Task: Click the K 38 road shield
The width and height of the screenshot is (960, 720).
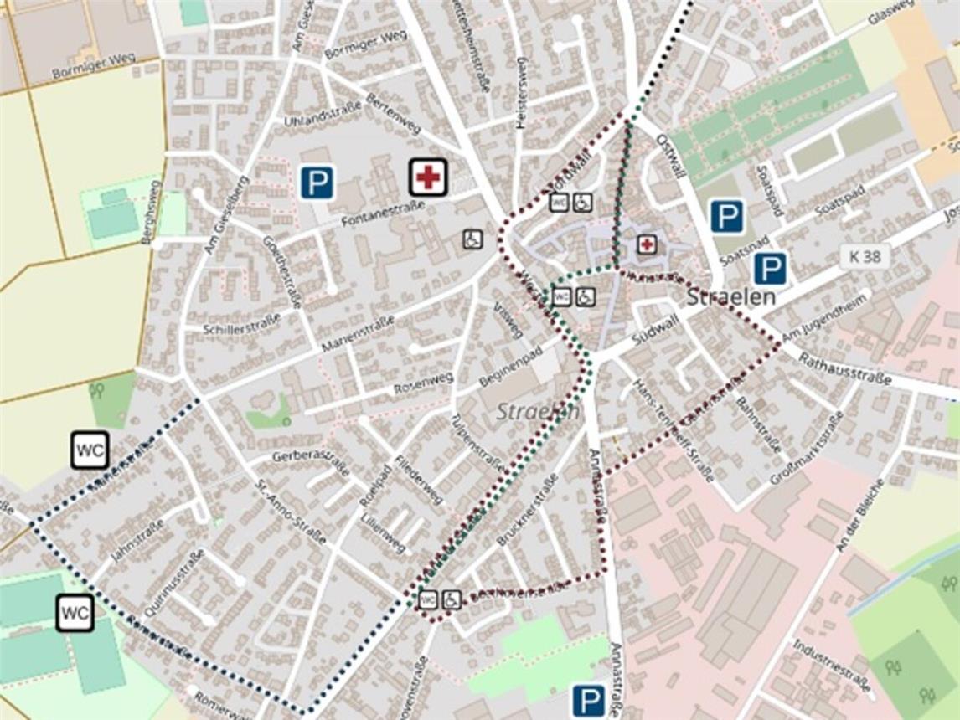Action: (x=865, y=256)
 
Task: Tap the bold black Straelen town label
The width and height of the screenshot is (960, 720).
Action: (x=731, y=297)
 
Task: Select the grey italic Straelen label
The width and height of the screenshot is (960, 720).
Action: (x=538, y=411)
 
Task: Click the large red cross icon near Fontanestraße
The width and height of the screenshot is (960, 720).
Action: (x=428, y=177)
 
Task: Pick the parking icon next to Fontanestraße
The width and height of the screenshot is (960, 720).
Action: (x=317, y=183)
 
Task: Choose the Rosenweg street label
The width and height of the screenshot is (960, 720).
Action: (x=423, y=384)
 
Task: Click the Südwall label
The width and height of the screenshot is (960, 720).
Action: (x=655, y=333)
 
